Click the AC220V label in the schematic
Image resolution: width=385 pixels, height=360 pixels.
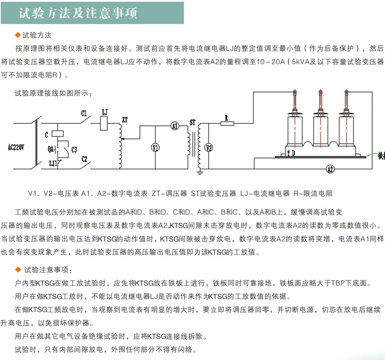click(x=16, y=147)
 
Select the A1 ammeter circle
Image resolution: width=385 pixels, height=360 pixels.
click(x=175, y=125)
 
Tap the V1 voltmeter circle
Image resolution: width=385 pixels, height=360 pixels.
click(x=155, y=147)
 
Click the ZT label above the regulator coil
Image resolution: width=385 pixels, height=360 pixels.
click(x=124, y=120)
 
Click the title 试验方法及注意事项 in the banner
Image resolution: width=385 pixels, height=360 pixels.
click(x=78, y=13)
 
